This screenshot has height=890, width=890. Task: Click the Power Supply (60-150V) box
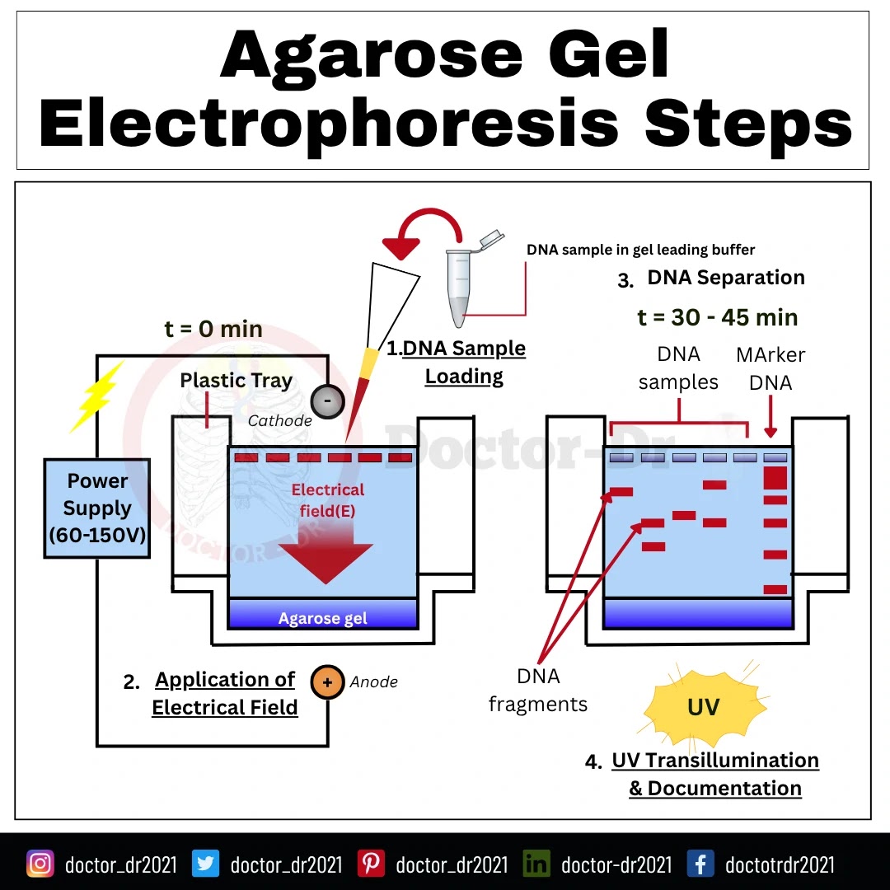(x=97, y=508)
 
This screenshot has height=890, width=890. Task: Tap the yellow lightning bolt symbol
(x=96, y=396)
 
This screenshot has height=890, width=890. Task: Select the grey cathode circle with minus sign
(x=327, y=400)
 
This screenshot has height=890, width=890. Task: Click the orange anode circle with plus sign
(x=327, y=682)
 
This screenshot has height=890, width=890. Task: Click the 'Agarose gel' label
(x=322, y=619)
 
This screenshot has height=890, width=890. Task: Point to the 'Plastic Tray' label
(x=237, y=380)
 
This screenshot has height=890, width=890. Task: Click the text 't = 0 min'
(x=213, y=330)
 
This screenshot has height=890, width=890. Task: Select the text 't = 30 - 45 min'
(x=718, y=317)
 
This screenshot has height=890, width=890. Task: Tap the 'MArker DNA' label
(x=771, y=368)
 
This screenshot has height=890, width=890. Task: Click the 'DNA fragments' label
(x=538, y=690)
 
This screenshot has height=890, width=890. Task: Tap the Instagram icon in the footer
(x=40, y=864)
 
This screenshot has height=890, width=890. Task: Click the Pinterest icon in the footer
(x=371, y=864)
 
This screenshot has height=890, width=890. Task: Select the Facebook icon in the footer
(x=700, y=864)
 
